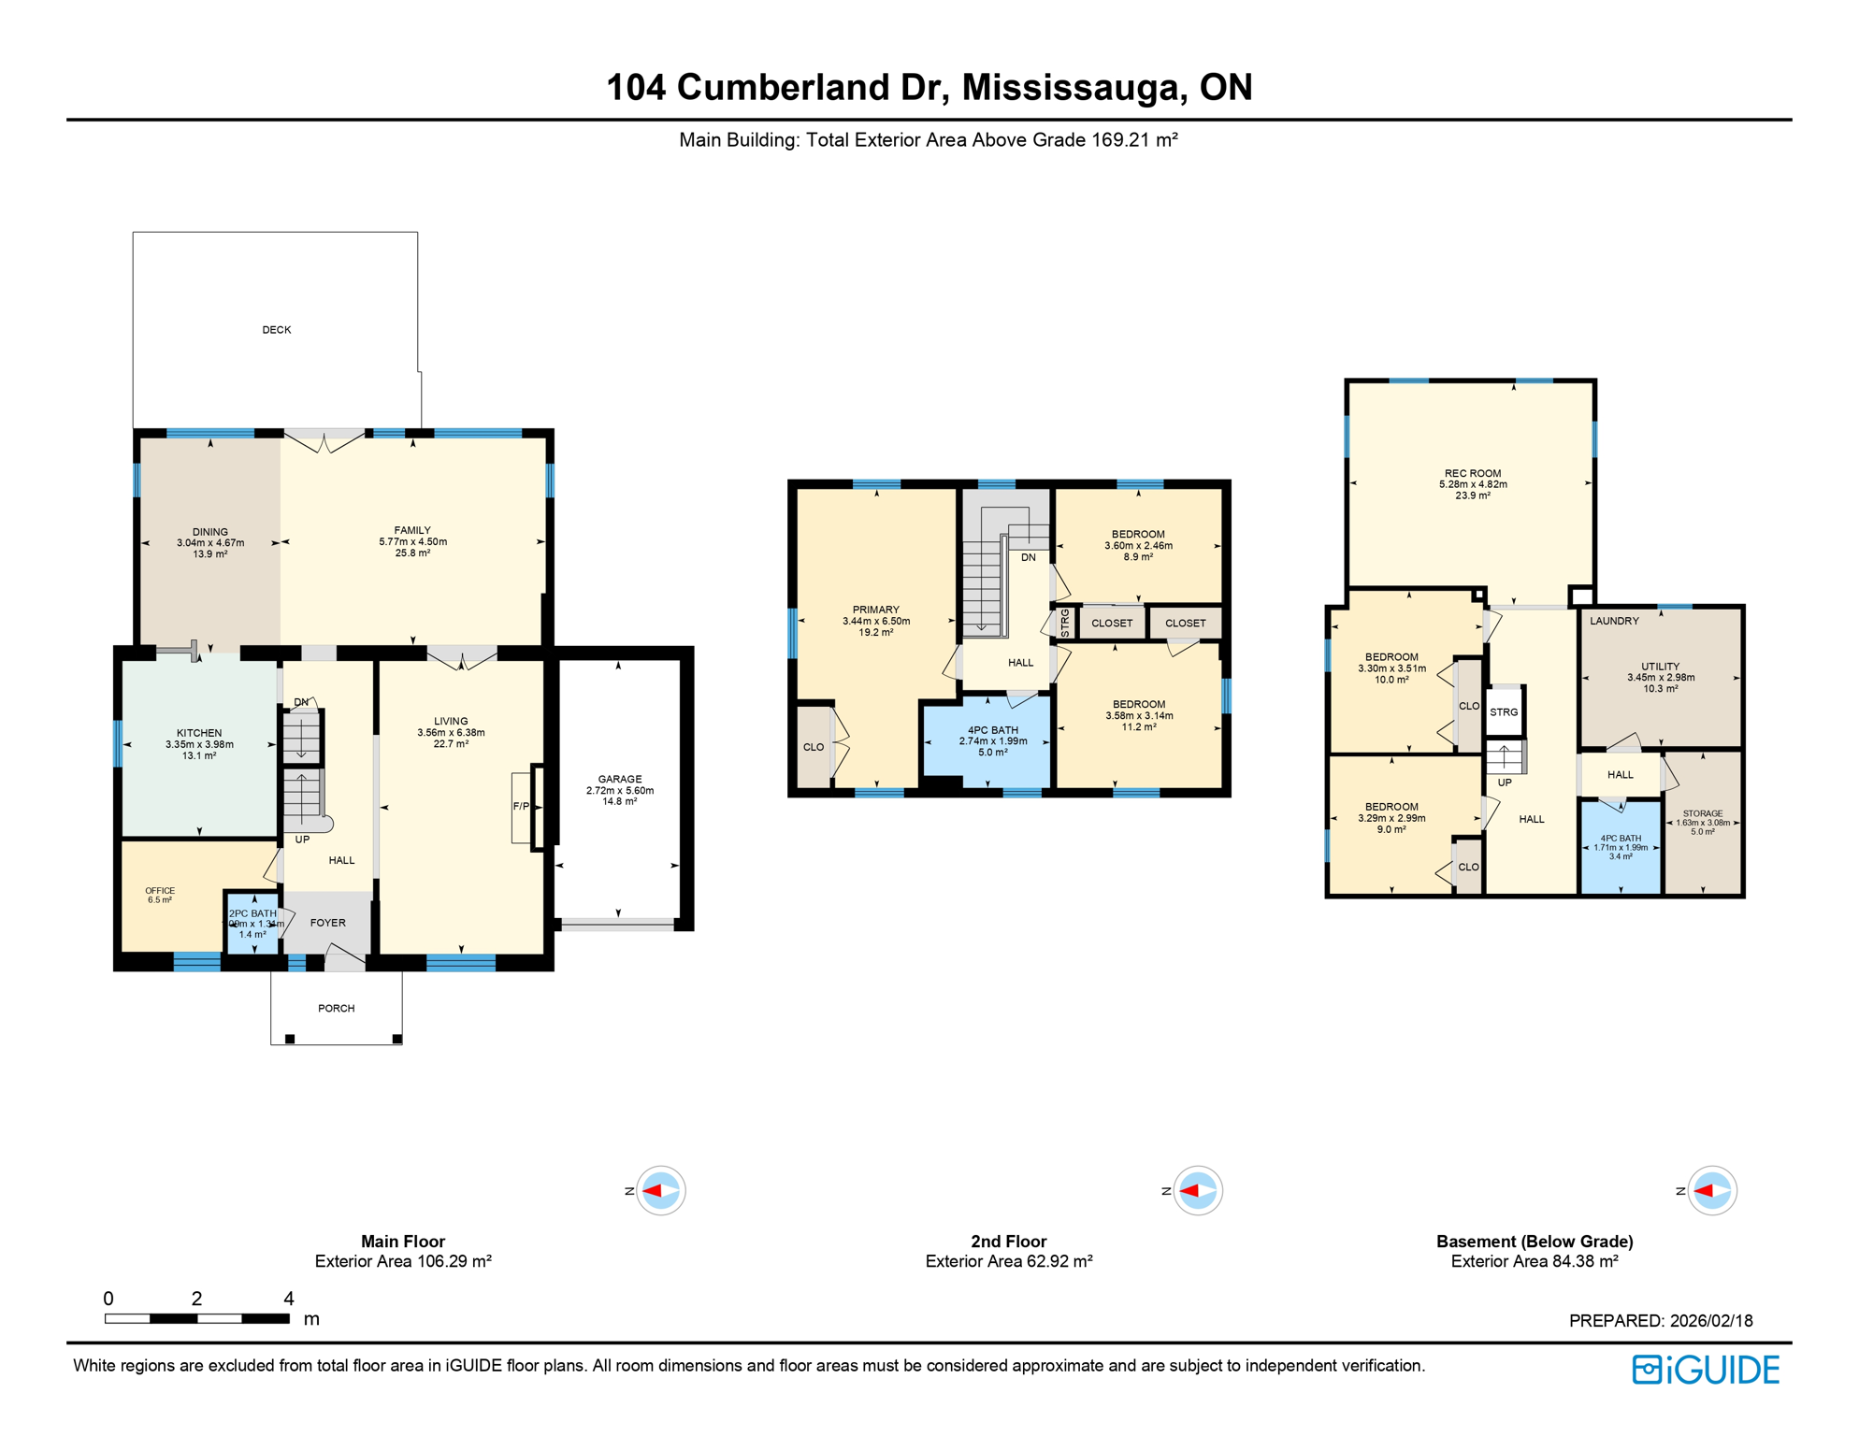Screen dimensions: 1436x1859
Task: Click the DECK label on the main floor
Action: [x=276, y=330]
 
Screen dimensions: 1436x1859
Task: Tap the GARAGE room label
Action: [x=619, y=779]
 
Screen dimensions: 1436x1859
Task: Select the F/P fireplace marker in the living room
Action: [x=521, y=806]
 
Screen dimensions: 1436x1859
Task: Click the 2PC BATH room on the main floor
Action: [x=252, y=923]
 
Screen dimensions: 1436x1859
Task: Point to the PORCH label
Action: [x=336, y=1008]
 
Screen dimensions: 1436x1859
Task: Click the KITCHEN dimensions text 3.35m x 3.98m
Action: [x=199, y=745]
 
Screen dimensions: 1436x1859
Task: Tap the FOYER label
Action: [x=327, y=923]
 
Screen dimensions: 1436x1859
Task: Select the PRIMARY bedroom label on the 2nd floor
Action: [x=875, y=610]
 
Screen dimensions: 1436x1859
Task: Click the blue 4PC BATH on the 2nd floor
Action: [x=992, y=740]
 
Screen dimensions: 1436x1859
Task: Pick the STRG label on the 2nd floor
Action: [x=1065, y=623]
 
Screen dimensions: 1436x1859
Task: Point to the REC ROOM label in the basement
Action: [x=1472, y=473]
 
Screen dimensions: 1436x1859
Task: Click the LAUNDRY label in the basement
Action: [x=1614, y=621]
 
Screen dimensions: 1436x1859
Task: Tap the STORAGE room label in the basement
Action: [x=1702, y=813]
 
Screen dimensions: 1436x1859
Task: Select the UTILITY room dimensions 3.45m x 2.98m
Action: [x=1660, y=678]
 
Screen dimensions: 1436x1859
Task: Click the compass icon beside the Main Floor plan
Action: [x=661, y=1190]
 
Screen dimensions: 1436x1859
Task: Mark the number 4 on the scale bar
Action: [x=288, y=1299]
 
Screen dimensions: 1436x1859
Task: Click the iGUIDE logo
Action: [x=1706, y=1370]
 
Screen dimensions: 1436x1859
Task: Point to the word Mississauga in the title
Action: [x=1074, y=87]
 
